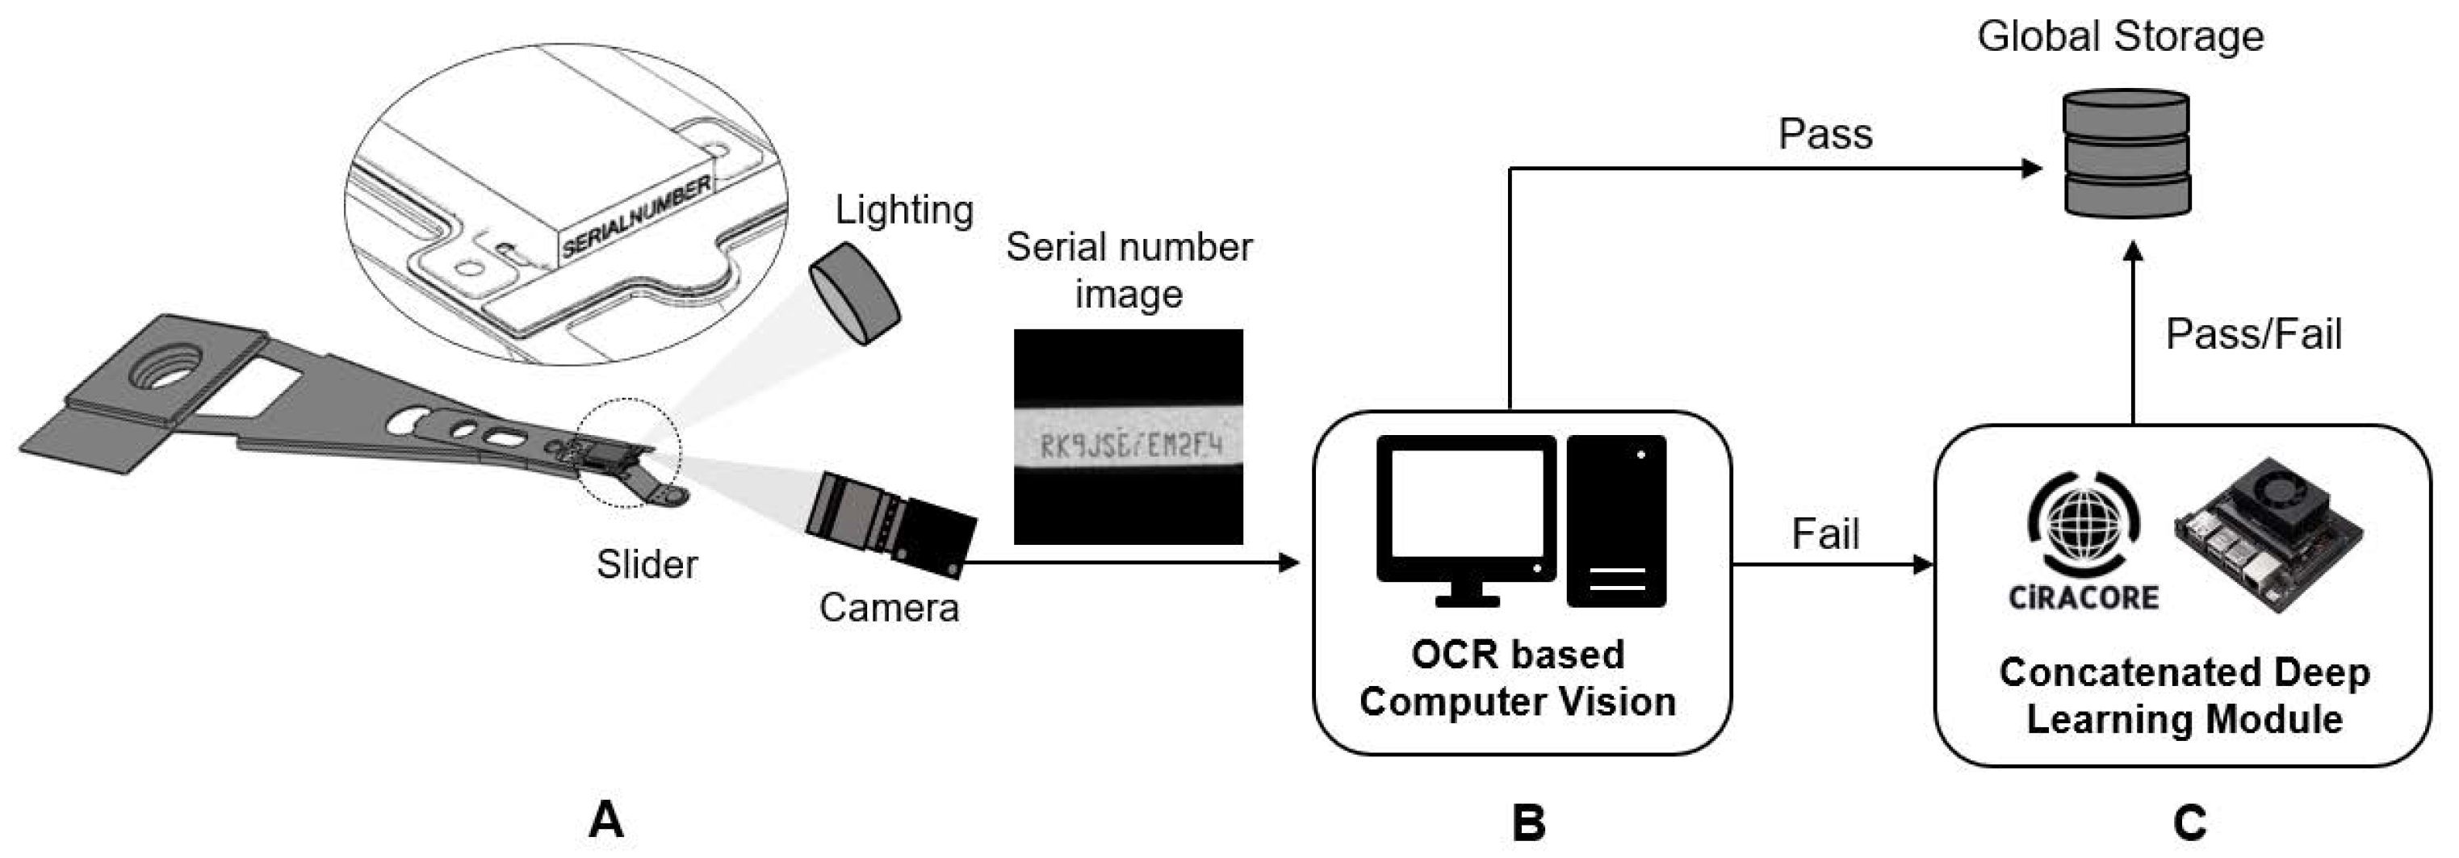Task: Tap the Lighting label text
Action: point(903,210)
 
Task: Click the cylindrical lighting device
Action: point(853,293)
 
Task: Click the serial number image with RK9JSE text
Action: point(1129,437)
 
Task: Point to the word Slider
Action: point(647,564)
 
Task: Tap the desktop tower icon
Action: point(1616,521)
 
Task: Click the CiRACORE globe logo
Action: point(2083,525)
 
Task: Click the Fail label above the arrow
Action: point(1824,534)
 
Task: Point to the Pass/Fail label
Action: point(2253,335)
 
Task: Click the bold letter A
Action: point(606,820)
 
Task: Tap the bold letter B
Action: point(1527,822)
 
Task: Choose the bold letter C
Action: point(2189,822)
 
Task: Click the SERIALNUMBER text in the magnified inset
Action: point(635,216)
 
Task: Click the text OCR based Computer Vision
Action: point(1517,678)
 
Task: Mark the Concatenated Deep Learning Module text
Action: point(2184,696)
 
